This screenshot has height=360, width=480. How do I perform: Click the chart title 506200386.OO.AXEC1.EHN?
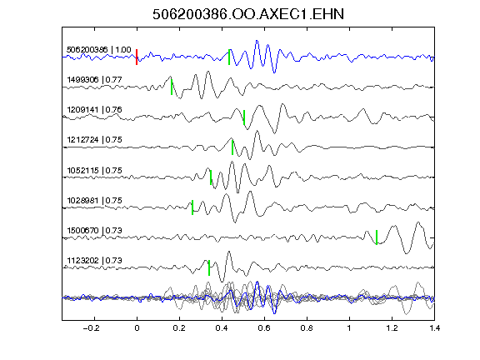[x=248, y=14]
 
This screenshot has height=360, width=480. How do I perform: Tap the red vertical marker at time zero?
[x=137, y=57]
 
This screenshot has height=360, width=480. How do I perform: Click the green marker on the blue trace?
[x=229, y=57]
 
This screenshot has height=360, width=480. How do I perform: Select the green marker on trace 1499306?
[x=172, y=87]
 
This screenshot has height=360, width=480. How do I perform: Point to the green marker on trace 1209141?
[x=244, y=117]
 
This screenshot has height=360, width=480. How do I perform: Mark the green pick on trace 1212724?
[x=232, y=147]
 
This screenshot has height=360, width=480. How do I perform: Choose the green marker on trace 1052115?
[x=211, y=177]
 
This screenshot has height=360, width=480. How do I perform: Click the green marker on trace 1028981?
[x=192, y=207]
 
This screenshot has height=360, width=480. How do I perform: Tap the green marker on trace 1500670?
[x=377, y=237]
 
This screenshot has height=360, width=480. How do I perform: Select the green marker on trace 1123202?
[x=209, y=267]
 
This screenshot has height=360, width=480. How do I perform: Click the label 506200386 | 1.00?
[x=99, y=50]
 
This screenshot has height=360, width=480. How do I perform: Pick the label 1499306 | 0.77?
[x=95, y=80]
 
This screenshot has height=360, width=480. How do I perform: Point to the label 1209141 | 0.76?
[x=95, y=110]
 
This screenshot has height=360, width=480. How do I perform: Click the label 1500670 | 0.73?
[x=95, y=230]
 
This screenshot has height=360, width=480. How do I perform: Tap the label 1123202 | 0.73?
[x=95, y=261]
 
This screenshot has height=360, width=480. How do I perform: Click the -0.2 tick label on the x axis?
[x=91, y=328]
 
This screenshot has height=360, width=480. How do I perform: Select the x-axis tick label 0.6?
[x=264, y=328]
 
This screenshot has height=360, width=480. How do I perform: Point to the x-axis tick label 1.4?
[x=434, y=328]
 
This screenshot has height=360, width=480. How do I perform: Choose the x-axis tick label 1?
[x=349, y=328]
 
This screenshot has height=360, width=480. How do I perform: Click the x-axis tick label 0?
[x=137, y=328]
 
